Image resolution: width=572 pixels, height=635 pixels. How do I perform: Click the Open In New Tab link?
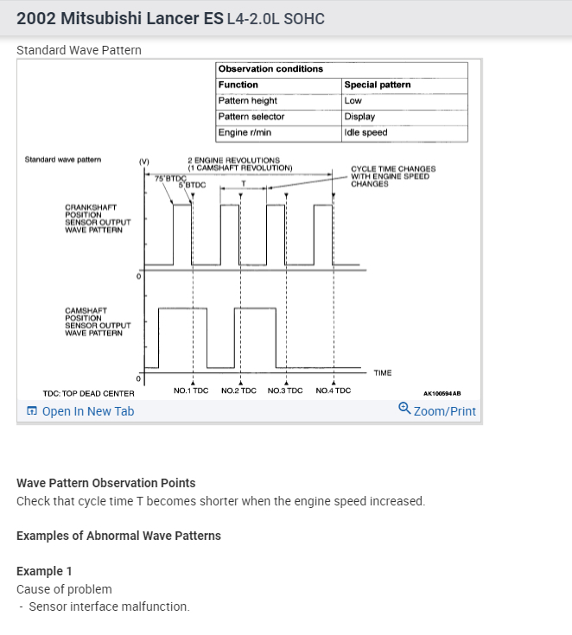(x=87, y=411)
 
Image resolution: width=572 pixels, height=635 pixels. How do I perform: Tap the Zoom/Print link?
(x=444, y=411)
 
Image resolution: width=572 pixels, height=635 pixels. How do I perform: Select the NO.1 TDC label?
(x=191, y=391)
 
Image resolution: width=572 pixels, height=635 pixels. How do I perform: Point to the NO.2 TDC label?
(x=239, y=391)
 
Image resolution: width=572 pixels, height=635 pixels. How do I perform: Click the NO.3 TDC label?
(x=286, y=391)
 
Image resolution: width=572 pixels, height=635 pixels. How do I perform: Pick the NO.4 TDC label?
(x=334, y=391)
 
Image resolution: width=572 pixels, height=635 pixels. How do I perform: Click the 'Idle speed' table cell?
(x=365, y=133)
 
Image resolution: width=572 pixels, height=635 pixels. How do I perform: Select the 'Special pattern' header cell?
(x=378, y=85)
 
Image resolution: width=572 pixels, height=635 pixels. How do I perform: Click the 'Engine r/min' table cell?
(x=245, y=133)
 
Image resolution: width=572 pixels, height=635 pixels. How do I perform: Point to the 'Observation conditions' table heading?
(x=270, y=69)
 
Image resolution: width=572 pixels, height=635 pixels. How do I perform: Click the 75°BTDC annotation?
(x=168, y=177)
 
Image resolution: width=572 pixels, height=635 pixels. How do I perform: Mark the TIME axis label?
(x=383, y=373)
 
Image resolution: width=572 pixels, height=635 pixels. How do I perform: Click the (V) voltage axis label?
(x=143, y=161)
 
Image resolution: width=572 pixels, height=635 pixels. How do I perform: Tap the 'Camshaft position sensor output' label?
(x=93, y=321)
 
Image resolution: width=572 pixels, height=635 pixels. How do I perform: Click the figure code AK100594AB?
(x=442, y=393)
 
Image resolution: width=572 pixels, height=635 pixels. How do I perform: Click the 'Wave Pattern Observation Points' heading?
(x=106, y=483)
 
